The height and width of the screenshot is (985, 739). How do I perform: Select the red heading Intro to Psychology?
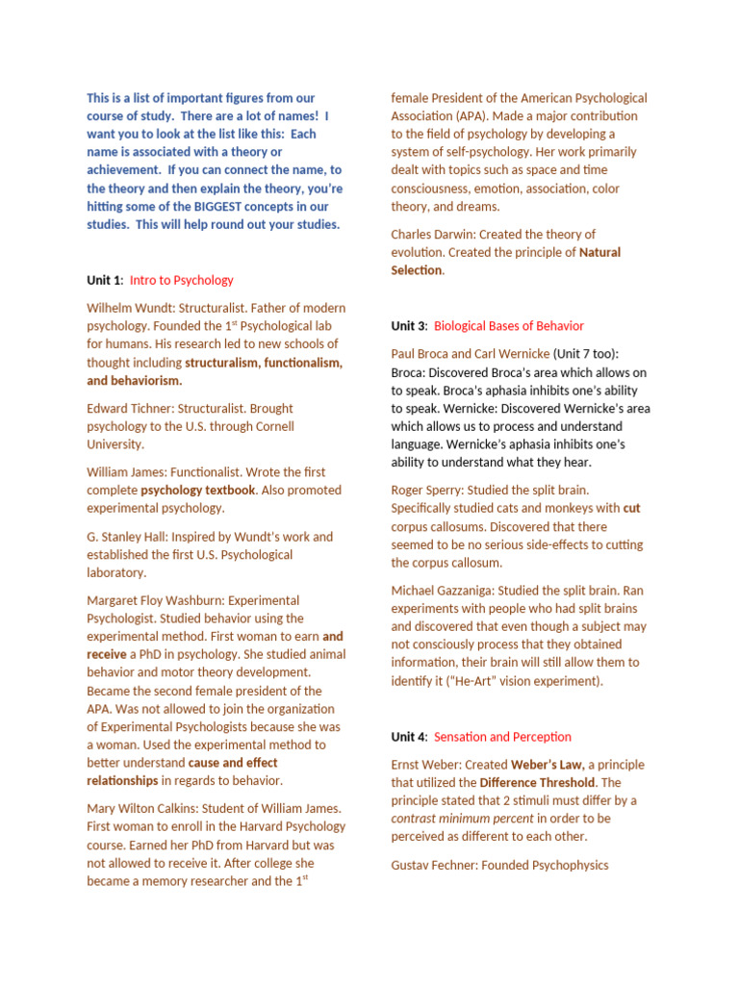click(181, 280)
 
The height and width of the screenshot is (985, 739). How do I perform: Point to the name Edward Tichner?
click(126, 408)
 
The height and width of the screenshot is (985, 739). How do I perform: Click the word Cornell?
click(271, 426)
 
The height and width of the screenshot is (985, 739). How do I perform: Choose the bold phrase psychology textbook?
click(198, 490)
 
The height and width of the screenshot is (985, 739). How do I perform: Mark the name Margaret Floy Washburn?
click(157, 600)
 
